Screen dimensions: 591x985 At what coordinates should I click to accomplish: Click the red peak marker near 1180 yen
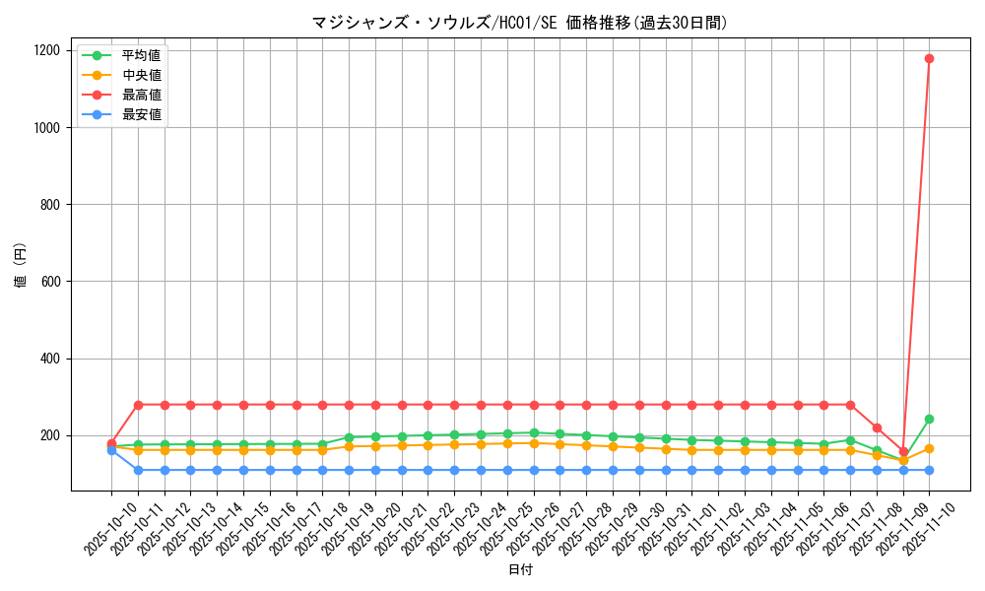pyautogui.click(x=929, y=58)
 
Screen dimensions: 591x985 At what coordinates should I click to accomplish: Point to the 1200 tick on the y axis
pyautogui.click(x=47, y=50)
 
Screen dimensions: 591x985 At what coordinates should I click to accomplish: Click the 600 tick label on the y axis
pyautogui.click(x=51, y=282)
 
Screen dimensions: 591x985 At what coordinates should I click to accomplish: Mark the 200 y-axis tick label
pyautogui.click(x=51, y=435)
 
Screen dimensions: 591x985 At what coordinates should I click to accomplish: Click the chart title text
pyautogui.click(x=520, y=23)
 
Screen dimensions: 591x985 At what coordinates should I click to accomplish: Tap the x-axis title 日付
pyautogui.click(x=520, y=570)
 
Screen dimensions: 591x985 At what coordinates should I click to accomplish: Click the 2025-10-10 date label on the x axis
pyautogui.click(x=98, y=527)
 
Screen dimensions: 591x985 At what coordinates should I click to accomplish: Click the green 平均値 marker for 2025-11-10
pyautogui.click(x=929, y=419)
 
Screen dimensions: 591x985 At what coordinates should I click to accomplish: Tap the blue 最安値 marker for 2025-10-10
pyautogui.click(x=111, y=450)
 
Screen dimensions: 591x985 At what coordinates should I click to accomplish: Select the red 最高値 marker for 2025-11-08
pyautogui.click(x=877, y=427)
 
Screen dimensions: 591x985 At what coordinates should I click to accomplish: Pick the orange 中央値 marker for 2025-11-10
pyautogui.click(x=929, y=448)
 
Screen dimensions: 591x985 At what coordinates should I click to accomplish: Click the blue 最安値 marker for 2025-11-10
pyautogui.click(x=929, y=470)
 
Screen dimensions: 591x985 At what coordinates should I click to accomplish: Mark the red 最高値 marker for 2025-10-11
pyautogui.click(x=138, y=405)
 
